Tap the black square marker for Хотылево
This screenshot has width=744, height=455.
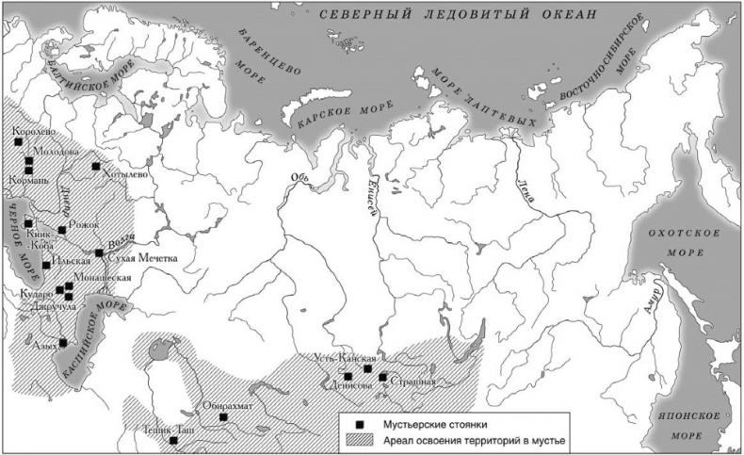click(95, 167)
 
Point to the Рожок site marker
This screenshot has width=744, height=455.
click(61, 229)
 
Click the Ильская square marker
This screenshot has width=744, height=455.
click(46, 266)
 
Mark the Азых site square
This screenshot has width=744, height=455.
click(63, 343)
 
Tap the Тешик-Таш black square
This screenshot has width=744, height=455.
click(173, 440)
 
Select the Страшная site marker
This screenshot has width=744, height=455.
click(383, 377)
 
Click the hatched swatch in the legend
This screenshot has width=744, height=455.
click(360, 441)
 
